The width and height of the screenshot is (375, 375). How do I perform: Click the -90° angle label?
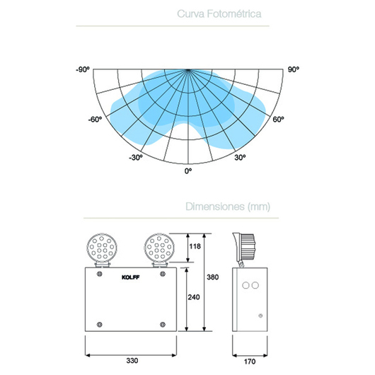[83, 69]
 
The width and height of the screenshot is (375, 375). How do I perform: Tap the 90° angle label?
[293, 69]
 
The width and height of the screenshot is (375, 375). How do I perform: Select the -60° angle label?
[95, 119]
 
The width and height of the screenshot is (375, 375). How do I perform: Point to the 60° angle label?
[278, 119]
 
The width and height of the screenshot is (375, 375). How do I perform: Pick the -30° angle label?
[136, 157]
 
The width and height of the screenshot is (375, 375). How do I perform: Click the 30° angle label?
[240, 157]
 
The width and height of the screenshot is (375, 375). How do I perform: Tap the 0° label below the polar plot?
[188, 171]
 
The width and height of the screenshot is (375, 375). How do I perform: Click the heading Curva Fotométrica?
[219, 13]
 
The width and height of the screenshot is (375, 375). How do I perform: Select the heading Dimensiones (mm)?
[228, 207]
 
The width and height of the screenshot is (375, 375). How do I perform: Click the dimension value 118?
[195, 246]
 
